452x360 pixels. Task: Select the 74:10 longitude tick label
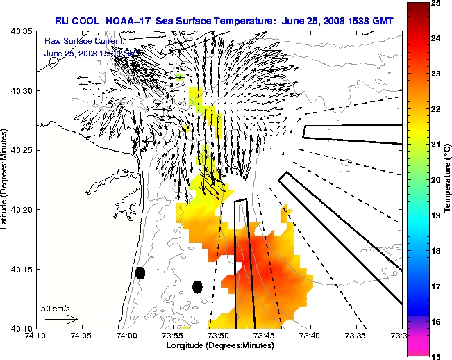click(x=36, y=336)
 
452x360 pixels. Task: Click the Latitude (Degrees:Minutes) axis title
click(x=6, y=179)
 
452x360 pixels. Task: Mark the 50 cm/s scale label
click(x=56, y=308)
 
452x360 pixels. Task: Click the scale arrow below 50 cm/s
click(x=62, y=319)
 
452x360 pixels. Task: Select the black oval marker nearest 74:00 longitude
click(x=140, y=273)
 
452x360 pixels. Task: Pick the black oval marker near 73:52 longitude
click(x=197, y=286)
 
